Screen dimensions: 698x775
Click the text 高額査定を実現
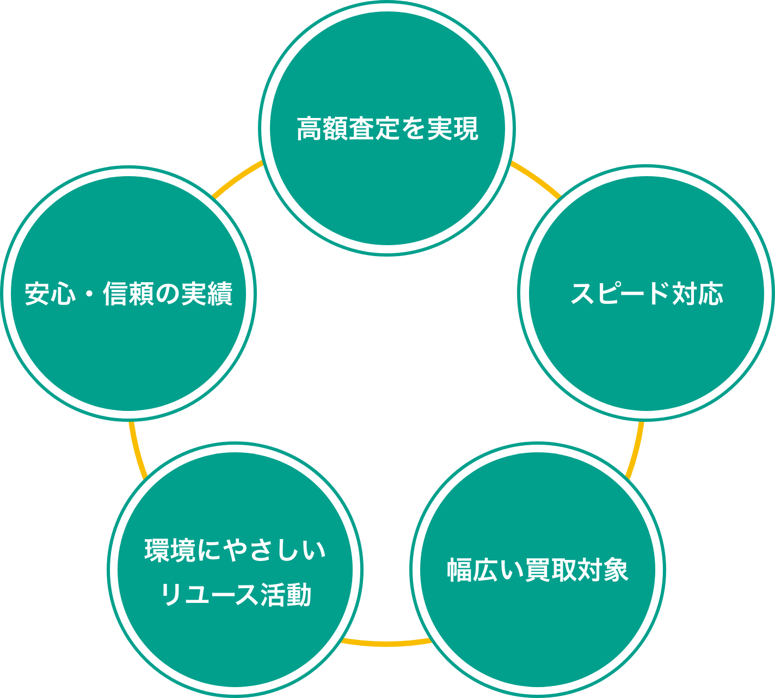click(x=387, y=129)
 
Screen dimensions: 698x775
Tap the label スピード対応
click(x=647, y=294)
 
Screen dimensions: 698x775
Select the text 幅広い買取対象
click(x=538, y=570)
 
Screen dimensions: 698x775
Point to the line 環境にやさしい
click(x=235, y=550)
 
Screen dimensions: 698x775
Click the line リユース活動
click(x=235, y=595)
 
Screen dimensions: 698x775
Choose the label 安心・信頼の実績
click(x=129, y=294)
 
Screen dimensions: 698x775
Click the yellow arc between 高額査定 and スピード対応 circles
click(x=536, y=178)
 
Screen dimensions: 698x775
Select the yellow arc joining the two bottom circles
click(x=386, y=643)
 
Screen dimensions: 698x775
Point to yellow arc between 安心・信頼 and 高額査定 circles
click(x=237, y=178)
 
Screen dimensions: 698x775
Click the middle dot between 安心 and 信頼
click(x=90, y=294)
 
